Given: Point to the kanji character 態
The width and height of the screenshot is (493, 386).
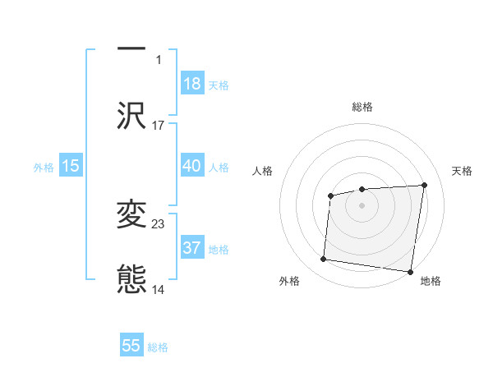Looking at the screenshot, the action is click(131, 279).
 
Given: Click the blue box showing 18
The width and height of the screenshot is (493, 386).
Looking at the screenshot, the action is click(191, 84).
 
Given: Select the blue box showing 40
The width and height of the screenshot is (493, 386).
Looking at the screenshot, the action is click(191, 166).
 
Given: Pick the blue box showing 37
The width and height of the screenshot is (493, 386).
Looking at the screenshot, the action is click(191, 248).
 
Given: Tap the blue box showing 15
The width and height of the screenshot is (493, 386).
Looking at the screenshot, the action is click(71, 166).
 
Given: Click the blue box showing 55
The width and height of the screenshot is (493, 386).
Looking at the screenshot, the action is click(131, 346).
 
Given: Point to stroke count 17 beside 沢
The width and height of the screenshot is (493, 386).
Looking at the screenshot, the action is click(159, 125).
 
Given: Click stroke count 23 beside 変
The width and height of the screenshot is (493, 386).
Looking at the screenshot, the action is click(159, 223).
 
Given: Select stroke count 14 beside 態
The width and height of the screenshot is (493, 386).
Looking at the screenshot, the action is click(159, 289).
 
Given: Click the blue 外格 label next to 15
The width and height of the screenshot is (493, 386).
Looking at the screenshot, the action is click(44, 168).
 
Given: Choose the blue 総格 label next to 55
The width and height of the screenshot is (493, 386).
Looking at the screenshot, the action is click(158, 347).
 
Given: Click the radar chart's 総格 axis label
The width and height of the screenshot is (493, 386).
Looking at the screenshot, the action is click(362, 107).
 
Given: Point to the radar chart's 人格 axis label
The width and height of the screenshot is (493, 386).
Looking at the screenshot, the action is click(264, 171).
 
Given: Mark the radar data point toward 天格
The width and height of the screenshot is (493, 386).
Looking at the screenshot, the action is click(424, 185).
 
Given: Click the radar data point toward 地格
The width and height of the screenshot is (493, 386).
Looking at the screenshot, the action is click(410, 271).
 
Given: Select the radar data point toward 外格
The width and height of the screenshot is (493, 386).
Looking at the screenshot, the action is click(323, 260).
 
